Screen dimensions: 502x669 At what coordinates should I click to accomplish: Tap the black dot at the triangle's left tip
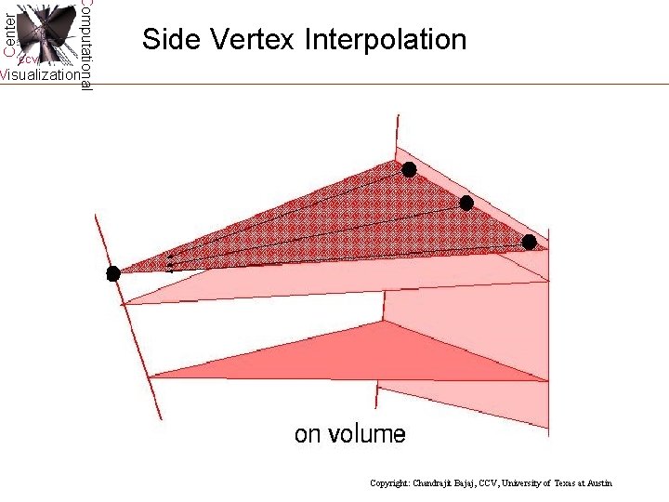point(113,273)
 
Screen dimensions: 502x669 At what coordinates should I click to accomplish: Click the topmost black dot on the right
point(409,169)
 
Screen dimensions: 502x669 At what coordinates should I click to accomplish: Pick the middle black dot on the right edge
point(466,203)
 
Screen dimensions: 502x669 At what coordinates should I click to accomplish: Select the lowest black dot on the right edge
point(529,242)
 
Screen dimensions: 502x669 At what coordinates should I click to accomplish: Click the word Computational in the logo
point(85,45)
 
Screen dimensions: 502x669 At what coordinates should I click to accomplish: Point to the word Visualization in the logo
point(39,75)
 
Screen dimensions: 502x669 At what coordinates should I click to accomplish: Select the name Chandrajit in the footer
point(442,483)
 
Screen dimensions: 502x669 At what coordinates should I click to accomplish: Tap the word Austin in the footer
point(600,483)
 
